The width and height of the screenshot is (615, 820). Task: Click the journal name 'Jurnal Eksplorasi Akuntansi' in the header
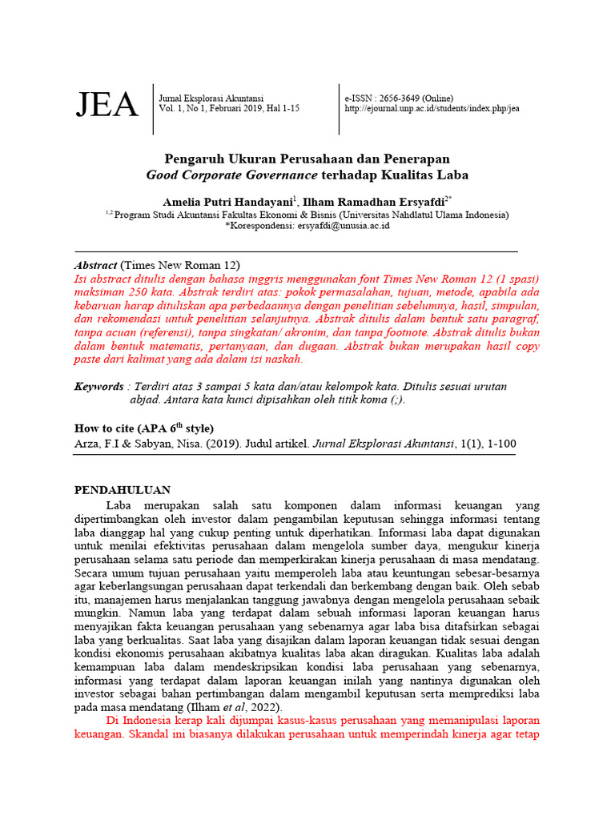tap(211, 97)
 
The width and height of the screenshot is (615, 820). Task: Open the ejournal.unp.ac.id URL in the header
tap(432, 109)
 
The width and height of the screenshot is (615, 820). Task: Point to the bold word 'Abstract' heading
tap(96, 265)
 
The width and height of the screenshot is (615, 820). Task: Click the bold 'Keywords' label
tap(98, 386)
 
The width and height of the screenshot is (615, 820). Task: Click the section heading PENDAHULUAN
tap(123, 490)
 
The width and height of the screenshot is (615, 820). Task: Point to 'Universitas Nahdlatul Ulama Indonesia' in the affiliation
tap(423, 215)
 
